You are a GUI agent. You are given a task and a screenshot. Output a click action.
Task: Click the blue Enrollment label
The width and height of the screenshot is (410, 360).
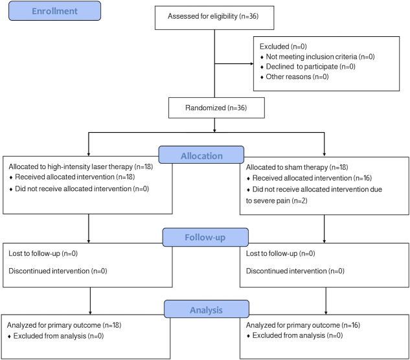pyautogui.click(x=54, y=11)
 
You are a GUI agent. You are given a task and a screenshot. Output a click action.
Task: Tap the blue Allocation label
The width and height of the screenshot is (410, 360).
pyautogui.click(x=201, y=155)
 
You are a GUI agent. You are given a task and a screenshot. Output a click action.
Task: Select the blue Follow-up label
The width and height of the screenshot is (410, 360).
pyautogui.click(x=205, y=237)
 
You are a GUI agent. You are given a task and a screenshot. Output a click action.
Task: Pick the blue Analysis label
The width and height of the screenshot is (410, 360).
pyautogui.click(x=207, y=309)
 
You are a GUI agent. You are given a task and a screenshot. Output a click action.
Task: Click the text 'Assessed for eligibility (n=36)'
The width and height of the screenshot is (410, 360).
pyautogui.click(x=213, y=16)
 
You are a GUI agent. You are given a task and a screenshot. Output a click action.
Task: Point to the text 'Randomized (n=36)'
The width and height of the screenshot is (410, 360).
pyautogui.click(x=216, y=107)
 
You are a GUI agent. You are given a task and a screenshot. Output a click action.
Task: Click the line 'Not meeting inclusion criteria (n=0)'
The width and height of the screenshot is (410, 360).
pyautogui.click(x=320, y=57)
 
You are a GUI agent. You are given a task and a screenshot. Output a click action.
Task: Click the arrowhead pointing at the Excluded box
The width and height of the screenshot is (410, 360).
pyautogui.click(x=252, y=63)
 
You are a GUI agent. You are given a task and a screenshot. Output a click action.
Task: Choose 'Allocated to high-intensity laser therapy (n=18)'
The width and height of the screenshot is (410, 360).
pyautogui.click(x=81, y=167)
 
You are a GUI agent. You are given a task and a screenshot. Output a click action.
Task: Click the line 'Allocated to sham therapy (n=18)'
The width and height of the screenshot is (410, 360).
pyautogui.click(x=297, y=167)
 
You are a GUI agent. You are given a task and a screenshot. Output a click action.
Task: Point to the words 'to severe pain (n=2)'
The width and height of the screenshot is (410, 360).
pyautogui.click(x=277, y=201)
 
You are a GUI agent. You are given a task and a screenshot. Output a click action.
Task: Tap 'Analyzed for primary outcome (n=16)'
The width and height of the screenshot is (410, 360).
pyautogui.click(x=303, y=325)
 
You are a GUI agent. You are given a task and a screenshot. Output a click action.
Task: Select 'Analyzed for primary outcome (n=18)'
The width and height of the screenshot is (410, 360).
pyautogui.click(x=64, y=325)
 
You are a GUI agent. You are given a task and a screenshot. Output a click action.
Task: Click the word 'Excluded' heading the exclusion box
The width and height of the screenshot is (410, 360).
pyautogui.click(x=274, y=47)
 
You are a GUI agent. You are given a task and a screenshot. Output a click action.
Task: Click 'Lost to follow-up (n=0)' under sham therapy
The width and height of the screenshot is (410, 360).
pyautogui.click(x=280, y=253)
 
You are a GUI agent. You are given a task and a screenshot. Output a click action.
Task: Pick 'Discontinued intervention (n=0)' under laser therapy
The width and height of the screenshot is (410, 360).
pyautogui.click(x=58, y=271)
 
